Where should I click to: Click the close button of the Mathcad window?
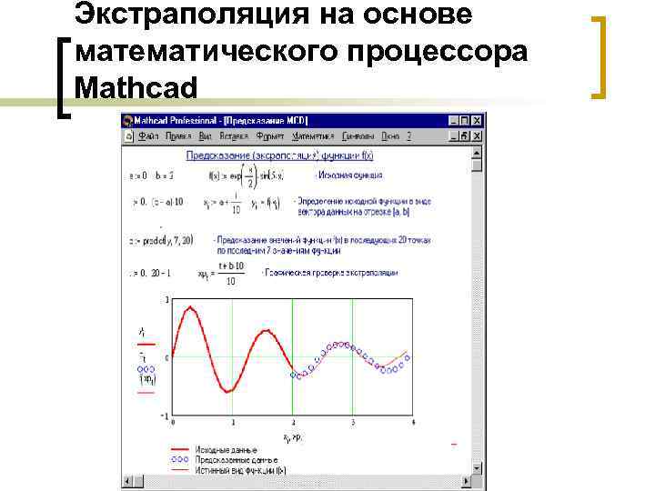pos(477,120)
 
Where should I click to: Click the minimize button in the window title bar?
pos(453,120)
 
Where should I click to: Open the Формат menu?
pos(270,135)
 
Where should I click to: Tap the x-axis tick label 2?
pos(292,423)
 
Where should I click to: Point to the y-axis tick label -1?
pos(165,416)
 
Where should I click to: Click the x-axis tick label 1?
pos(233,423)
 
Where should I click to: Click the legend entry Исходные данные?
pos(232,450)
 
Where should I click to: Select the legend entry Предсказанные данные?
pos(237,459)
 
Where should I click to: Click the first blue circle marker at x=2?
pos(293,374)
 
